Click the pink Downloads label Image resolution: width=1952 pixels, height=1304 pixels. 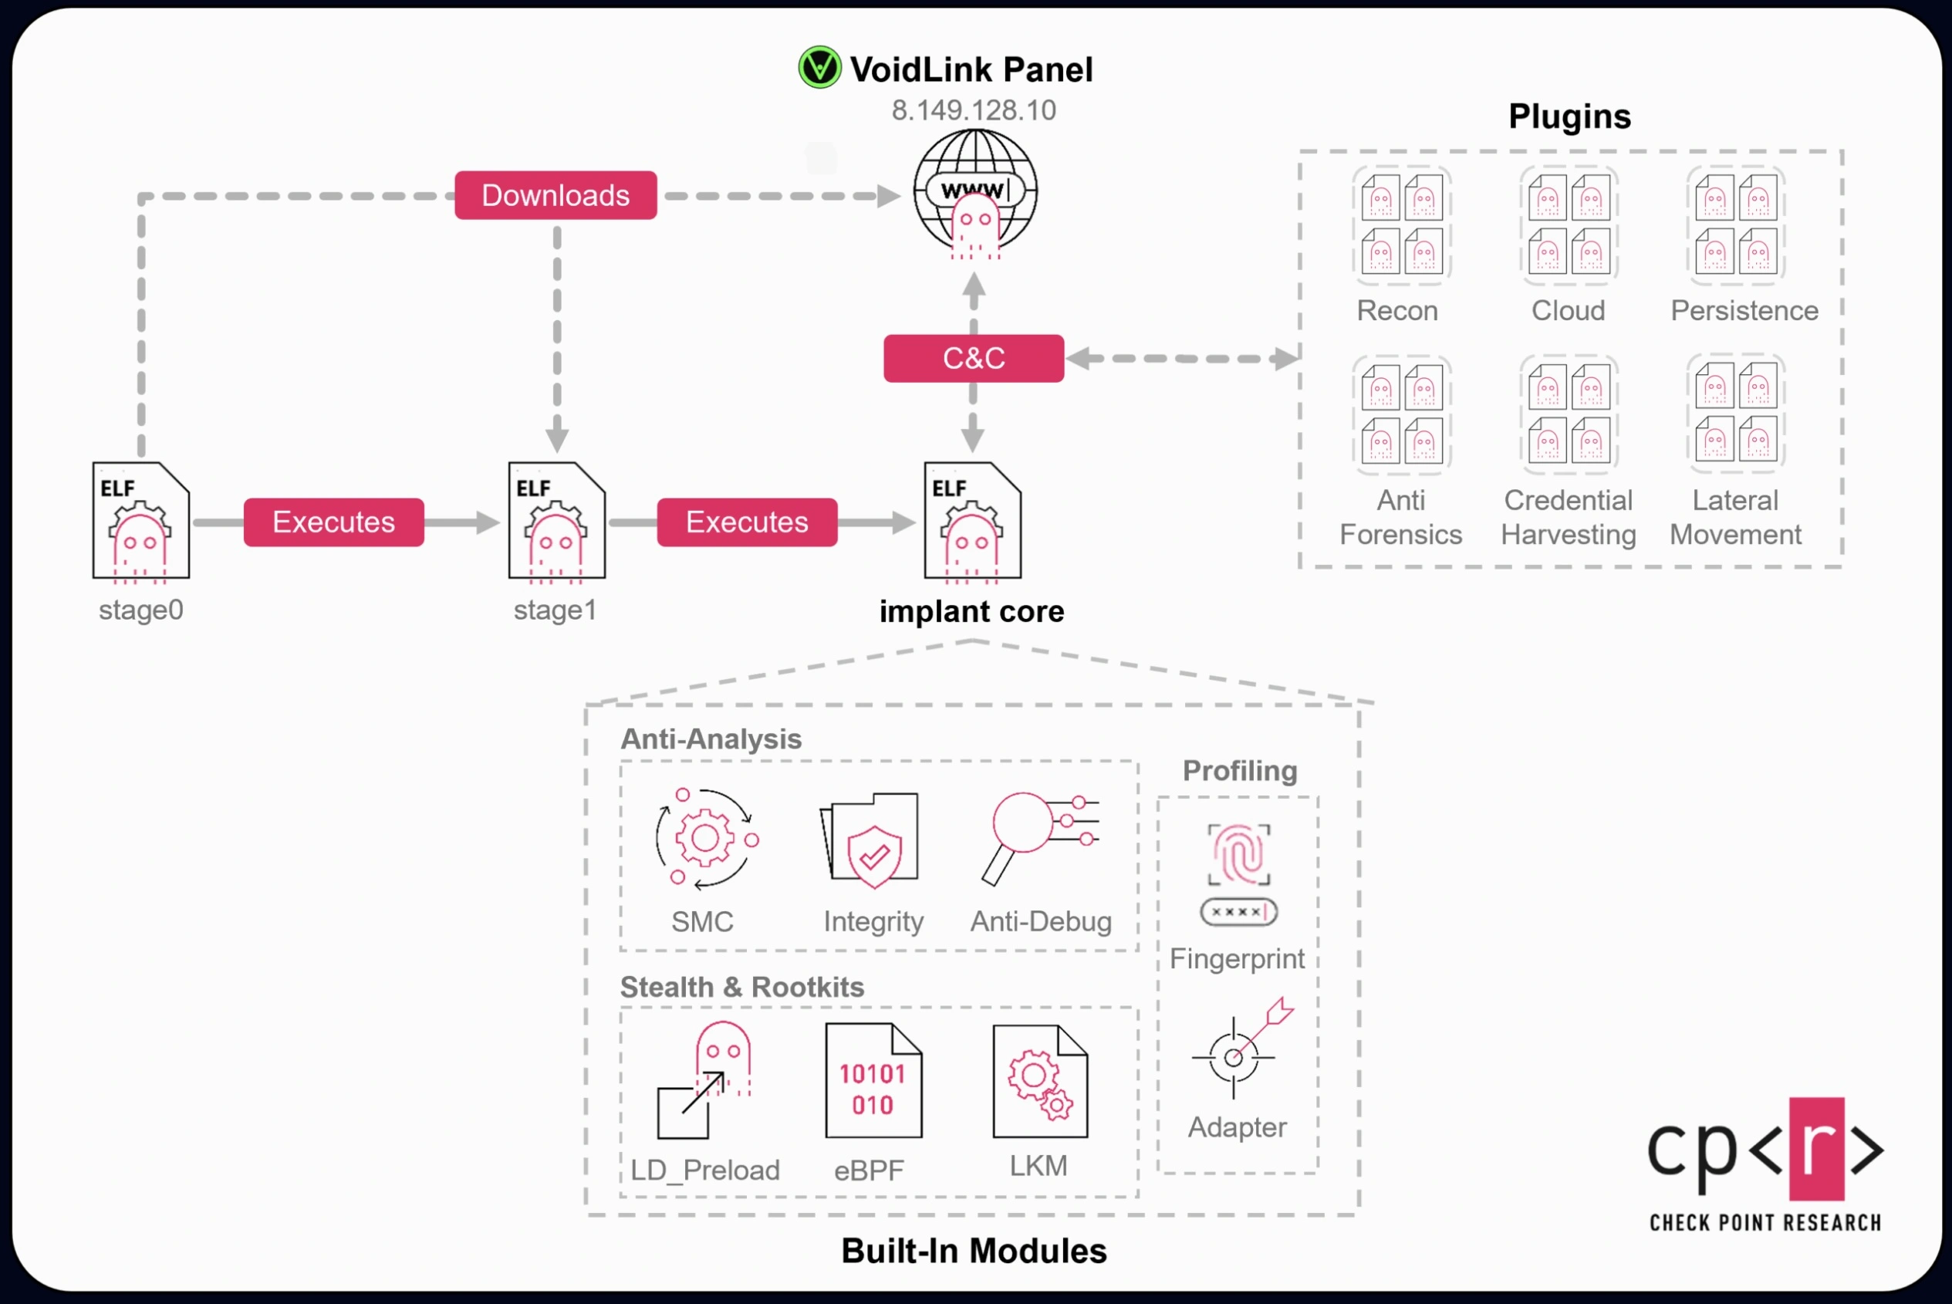click(x=556, y=195)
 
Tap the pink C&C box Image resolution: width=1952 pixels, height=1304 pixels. click(x=974, y=359)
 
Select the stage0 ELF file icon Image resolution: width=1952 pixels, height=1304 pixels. click(x=140, y=521)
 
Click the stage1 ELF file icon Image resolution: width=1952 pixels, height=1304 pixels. click(x=556, y=521)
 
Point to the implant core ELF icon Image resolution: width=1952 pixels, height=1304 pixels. click(x=973, y=521)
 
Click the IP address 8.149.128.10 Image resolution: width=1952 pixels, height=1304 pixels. click(x=974, y=110)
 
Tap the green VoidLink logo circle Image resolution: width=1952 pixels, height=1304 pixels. click(x=819, y=67)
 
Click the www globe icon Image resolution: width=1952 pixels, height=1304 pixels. click(x=975, y=193)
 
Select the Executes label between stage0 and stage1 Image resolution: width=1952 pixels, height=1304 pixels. click(x=333, y=522)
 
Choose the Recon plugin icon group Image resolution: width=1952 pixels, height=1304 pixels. click(x=1402, y=225)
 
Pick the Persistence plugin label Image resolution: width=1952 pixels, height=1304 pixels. click(x=1744, y=310)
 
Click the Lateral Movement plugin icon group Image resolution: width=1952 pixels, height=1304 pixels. click(x=1736, y=414)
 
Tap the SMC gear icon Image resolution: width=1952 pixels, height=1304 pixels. click(x=705, y=838)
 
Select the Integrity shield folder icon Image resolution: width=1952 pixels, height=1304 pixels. click(x=870, y=840)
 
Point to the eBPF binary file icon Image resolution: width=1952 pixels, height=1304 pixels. click(x=873, y=1081)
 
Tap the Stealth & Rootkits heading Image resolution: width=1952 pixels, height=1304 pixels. click(x=741, y=987)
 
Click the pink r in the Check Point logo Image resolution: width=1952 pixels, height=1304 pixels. click(x=1816, y=1150)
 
